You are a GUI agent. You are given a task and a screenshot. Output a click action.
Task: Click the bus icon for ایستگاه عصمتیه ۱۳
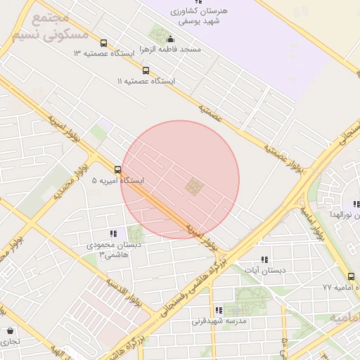pyautogui.click(x=104, y=43)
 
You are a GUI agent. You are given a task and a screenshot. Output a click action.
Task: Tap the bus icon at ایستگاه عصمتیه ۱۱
pyautogui.click(x=146, y=70)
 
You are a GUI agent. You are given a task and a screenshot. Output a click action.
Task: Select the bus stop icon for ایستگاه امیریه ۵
pyautogui.click(x=117, y=169)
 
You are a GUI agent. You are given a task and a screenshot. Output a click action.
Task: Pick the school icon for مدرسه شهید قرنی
pyautogui.click(x=218, y=309)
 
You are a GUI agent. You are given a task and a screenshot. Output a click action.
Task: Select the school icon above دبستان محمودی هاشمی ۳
pyautogui.click(x=112, y=233)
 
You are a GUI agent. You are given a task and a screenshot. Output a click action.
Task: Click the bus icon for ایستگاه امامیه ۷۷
pyautogui.click(x=351, y=277)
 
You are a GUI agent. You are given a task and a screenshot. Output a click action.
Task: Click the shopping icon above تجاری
pyautogui.click(x=10, y=330)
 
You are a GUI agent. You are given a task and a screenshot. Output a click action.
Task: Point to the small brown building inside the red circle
pyautogui.click(x=193, y=187)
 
